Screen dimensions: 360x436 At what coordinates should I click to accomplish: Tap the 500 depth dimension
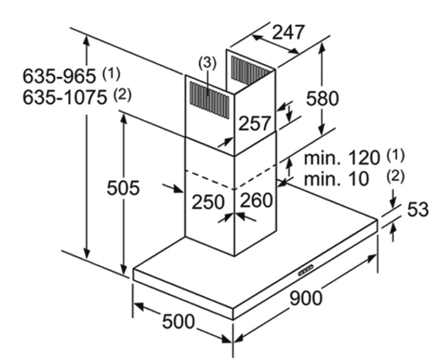click(178, 321)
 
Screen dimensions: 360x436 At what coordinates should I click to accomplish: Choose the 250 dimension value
click(208, 202)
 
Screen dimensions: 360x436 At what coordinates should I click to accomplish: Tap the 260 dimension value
click(256, 200)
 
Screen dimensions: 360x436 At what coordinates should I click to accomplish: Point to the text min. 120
click(342, 158)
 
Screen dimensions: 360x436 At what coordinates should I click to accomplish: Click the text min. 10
click(336, 178)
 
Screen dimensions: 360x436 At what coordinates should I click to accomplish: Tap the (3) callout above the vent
click(207, 63)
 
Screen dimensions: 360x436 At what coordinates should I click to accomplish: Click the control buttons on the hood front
click(305, 269)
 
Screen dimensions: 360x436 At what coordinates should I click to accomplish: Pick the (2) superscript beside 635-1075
click(122, 95)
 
